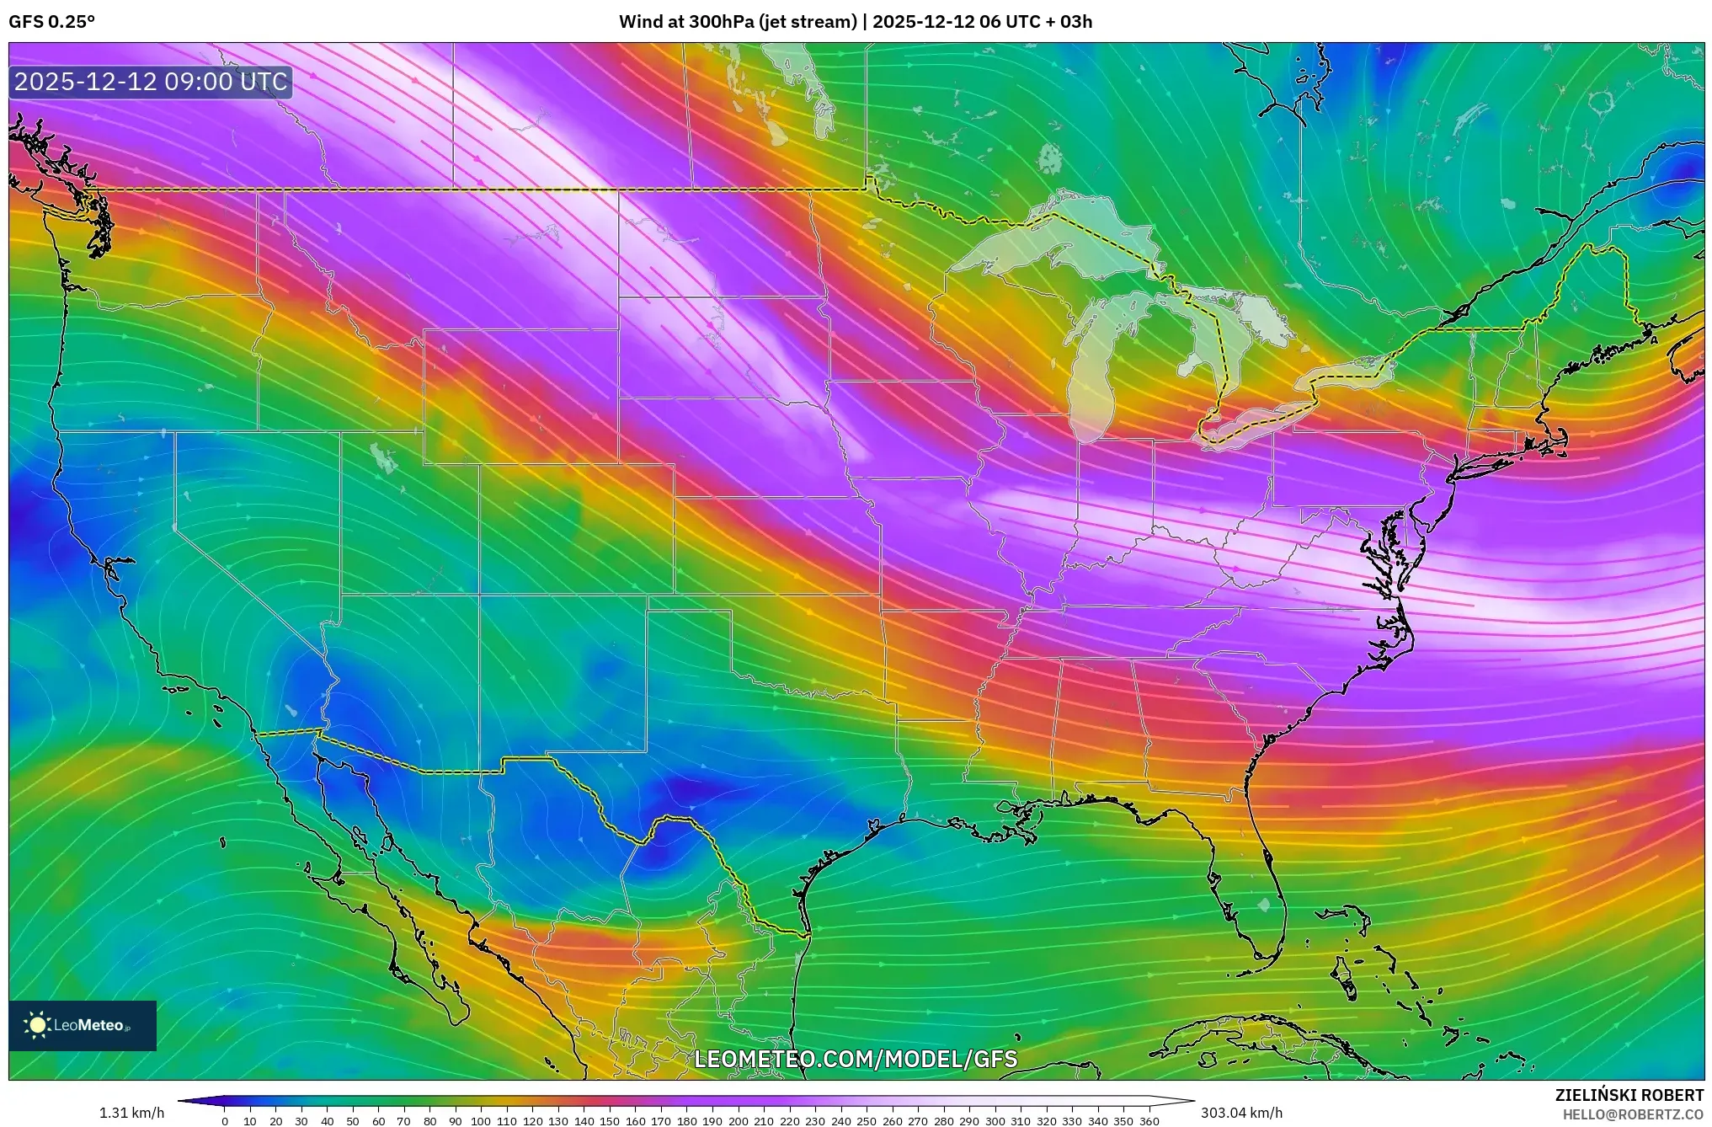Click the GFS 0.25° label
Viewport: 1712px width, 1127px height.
pos(51,22)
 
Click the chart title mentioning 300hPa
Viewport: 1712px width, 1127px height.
pos(856,22)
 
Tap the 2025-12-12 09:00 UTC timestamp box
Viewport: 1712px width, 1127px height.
pos(152,83)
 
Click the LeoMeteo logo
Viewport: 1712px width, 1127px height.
pos(83,1025)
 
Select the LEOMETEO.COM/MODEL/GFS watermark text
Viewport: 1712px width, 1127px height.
pos(856,1059)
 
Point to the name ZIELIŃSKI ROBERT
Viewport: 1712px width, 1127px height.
pos(1629,1095)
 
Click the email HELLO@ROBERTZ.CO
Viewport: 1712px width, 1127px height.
pos(1633,1114)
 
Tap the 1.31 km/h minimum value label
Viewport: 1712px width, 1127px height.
pos(132,1113)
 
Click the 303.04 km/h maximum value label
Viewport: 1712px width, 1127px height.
pos(1241,1113)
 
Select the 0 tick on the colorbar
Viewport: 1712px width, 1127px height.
pos(224,1121)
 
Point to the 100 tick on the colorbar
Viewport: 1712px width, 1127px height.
pos(481,1121)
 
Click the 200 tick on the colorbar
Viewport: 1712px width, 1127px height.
pos(738,1121)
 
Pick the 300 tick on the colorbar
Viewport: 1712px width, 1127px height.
pos(995,1121)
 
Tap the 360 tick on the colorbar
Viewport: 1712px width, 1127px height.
pos(1149,1121)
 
